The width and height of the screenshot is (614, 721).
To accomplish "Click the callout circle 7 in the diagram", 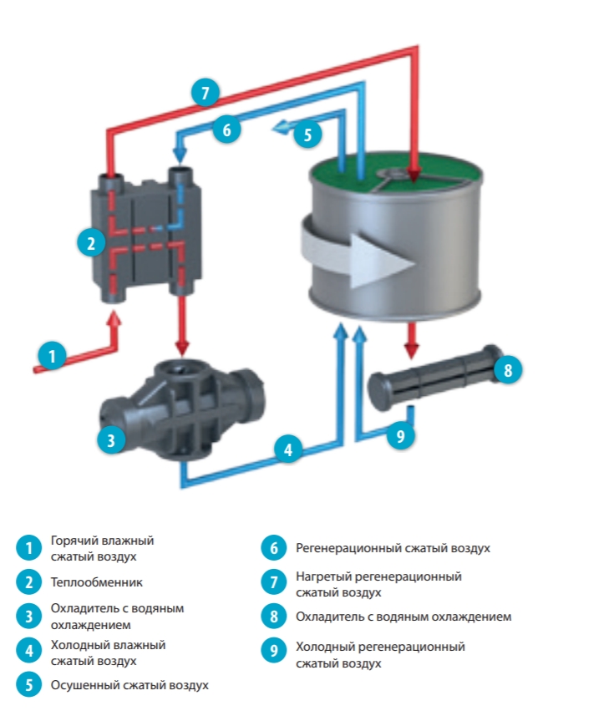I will pos(206,92).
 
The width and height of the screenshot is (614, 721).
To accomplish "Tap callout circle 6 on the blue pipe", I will pos(226,129).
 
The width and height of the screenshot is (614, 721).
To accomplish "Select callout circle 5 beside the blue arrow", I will pos(307,133).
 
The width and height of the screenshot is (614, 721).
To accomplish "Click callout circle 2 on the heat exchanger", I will pos(91,243).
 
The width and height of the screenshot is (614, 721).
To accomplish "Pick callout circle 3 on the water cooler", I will pos(111,439).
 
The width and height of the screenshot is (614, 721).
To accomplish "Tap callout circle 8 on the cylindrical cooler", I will pos(506,369).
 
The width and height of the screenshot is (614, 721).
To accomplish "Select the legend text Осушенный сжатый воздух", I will pos(129,685).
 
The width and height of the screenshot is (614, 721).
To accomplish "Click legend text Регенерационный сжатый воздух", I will pos(393,548).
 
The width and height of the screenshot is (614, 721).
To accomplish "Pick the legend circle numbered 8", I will pos(274,617).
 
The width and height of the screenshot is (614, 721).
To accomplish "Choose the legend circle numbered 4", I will pos(28,652).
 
